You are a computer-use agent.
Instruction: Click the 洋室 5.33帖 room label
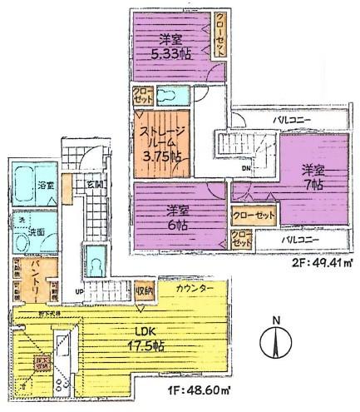(x=170, y=45)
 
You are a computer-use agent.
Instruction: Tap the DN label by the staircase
(x=245, y=166)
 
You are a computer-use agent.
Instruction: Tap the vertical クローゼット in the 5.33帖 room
(x=219, y=36)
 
